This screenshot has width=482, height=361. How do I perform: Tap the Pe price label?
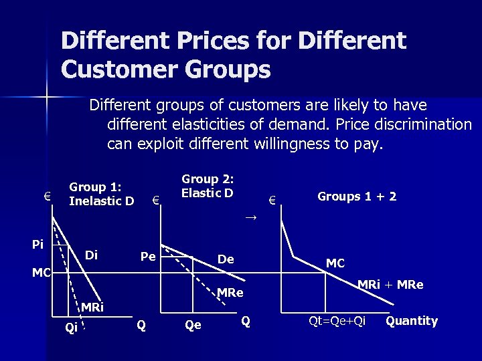(x=148, y=257)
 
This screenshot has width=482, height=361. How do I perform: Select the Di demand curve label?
(x=92, y=255)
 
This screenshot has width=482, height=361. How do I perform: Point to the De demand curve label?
(x=226, y=259)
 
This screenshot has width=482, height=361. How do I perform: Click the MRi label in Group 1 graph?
(x=92, y=308)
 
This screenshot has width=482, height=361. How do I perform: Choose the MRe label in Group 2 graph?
(x=230, y=293)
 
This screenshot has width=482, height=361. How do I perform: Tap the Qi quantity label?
(x=70, y=327)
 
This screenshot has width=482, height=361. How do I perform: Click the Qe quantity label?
(x=193, y=326)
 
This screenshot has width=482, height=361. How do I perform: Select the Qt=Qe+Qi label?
(x=337, y=321)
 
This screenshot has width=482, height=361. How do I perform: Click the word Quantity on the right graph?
(x=412, y=321)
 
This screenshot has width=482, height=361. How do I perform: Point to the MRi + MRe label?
(x=390, y=284)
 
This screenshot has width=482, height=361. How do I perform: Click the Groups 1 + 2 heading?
(x=357, y=197)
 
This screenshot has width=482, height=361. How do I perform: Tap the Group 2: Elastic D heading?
(x=208, y=186)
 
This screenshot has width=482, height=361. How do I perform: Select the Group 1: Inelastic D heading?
(x=102, y=194)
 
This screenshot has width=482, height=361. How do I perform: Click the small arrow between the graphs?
(x=250, y=218)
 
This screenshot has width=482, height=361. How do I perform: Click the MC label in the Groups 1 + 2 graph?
(x=335, y=263)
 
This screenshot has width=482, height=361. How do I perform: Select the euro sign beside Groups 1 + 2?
(x=272, y=199)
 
